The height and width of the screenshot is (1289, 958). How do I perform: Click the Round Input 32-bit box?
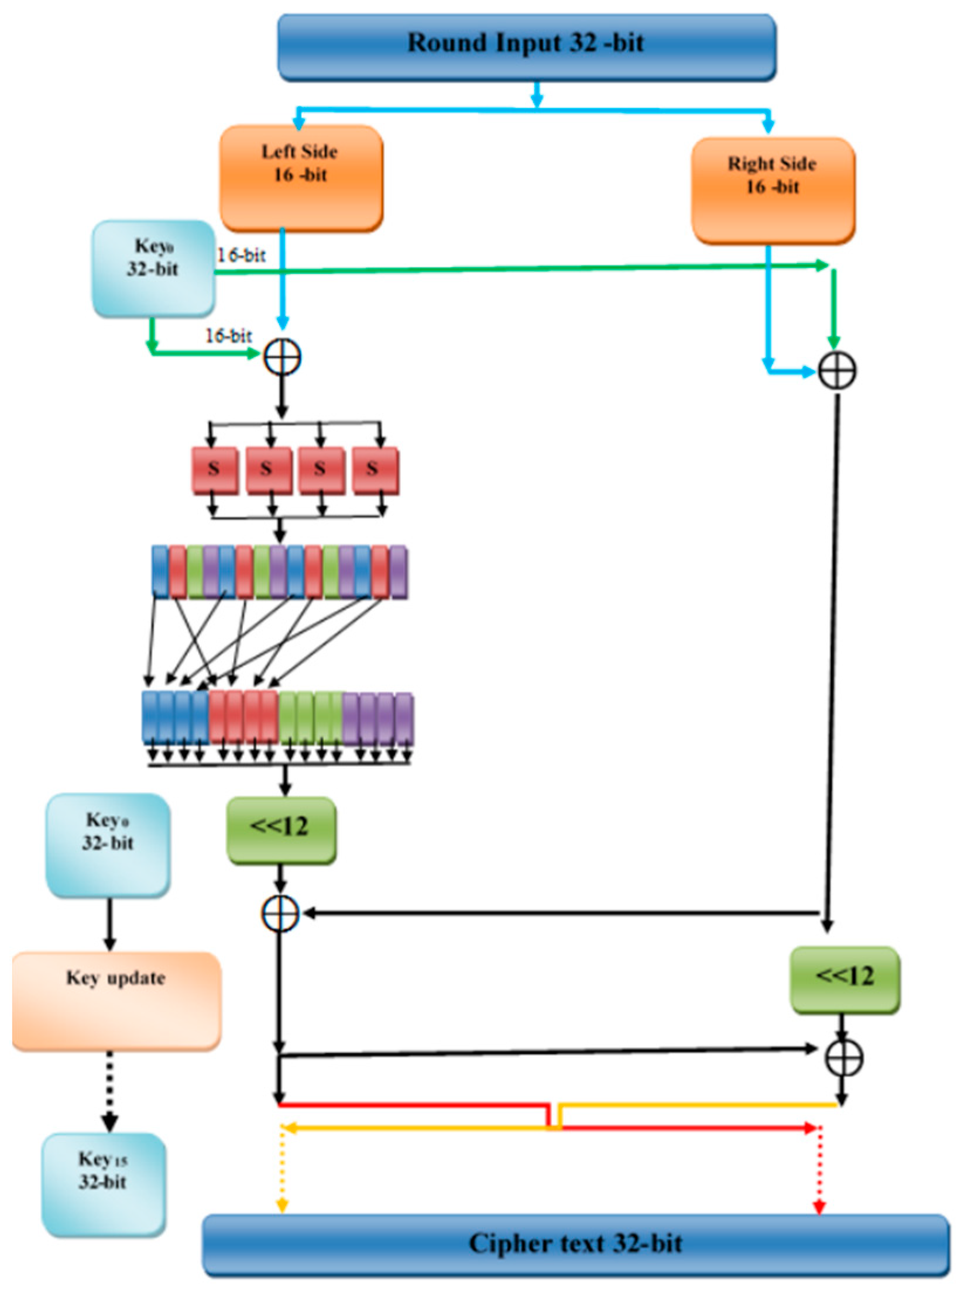pos(526,47)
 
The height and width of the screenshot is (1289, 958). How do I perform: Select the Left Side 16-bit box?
pos(301,177)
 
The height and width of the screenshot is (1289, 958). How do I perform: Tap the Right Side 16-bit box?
pos(772,190)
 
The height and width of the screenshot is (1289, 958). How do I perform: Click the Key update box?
pos(116,1000)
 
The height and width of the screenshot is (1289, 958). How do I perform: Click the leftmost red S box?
pos(214,470)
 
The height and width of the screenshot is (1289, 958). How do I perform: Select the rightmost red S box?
pos(375,470)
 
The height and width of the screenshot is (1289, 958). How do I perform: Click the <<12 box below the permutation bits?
pos(281,829)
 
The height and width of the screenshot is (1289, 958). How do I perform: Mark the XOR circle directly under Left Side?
pos(283,357)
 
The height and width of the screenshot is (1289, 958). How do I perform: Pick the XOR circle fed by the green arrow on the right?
pos(837,370)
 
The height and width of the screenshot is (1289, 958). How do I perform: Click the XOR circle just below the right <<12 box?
pos(844,1057)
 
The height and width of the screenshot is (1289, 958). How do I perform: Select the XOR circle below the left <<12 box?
pos(280,914)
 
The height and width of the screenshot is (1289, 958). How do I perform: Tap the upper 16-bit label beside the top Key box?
pos(241,255)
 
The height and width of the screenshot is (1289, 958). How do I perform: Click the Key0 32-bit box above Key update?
pos(108,845)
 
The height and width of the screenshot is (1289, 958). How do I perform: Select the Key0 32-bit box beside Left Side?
pos(153,268)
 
